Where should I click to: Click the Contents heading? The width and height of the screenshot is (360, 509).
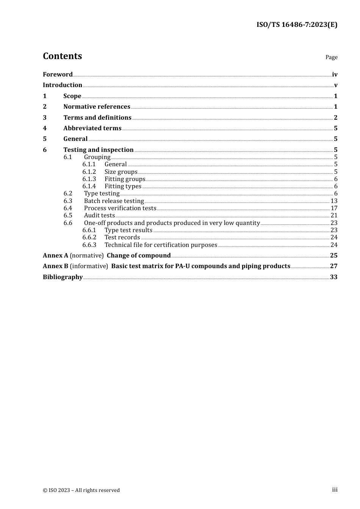[62, 56]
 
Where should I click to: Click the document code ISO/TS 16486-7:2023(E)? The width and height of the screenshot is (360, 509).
[297, 25]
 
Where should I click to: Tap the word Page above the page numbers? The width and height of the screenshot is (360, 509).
[331, 57]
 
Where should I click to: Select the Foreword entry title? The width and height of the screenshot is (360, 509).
[58, 75]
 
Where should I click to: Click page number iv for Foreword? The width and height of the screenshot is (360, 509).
[335, 75]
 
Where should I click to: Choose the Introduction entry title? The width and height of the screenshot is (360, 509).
[63, 85]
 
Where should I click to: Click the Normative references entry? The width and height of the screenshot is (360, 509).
[97, 107]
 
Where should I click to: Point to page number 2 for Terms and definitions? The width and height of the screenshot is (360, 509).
[335, 118]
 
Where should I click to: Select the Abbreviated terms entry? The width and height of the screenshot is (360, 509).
[92, 128]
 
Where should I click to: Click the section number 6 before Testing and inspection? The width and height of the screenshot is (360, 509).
[45, 150]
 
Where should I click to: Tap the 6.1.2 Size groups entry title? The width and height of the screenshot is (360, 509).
[121, 172]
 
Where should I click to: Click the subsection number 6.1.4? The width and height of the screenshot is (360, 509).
[89, 186]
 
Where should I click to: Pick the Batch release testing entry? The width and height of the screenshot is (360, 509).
[114, 201]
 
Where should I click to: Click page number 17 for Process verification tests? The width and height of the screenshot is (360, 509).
[334, 208]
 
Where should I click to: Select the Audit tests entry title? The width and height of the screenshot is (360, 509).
[99, 215]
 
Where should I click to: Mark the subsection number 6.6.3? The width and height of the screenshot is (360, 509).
[89, 245]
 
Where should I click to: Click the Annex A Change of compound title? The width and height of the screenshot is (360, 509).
[138, 256]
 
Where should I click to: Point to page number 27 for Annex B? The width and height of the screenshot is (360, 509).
[333, 266]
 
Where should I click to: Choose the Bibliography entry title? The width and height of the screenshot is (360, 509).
[63, 277]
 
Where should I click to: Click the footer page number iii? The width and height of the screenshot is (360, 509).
[335, 490]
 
